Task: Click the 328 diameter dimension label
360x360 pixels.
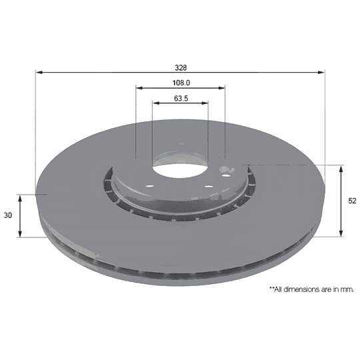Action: (181, 68)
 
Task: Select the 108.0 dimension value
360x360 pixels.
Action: (181, 83)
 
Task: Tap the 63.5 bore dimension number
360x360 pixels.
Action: (181, 98)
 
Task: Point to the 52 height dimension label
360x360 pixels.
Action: (352, 201)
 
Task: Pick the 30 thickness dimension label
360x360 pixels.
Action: (8, 215)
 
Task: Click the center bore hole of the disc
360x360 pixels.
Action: (181, 171)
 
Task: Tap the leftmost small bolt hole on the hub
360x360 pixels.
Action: (150, 186)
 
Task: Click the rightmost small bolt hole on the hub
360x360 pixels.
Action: (226, 176)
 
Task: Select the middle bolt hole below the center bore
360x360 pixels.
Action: (209, 186)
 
